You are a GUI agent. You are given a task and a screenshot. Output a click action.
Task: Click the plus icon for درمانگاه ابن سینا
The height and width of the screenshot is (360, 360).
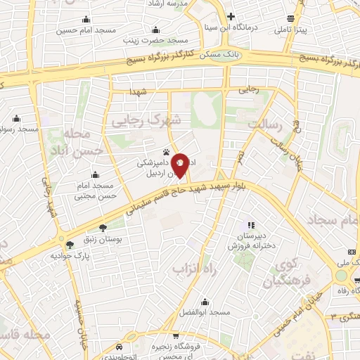[x=231, y=16]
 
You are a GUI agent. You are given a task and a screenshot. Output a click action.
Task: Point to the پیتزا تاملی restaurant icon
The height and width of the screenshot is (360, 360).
[x=290, y=20]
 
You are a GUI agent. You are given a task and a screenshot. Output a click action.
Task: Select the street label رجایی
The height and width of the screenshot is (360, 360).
[x=250, y=89]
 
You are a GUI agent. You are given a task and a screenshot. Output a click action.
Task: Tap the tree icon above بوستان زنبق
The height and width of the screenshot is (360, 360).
[x=103, y=227]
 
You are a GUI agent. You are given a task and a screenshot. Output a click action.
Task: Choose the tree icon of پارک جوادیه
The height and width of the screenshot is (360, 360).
[x=70, y=244]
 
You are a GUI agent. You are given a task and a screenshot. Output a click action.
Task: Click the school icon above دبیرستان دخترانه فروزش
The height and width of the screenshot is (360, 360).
[x=250, y=226]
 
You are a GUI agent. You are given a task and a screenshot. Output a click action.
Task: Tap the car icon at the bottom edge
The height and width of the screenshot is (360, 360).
[x=120, y=347]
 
